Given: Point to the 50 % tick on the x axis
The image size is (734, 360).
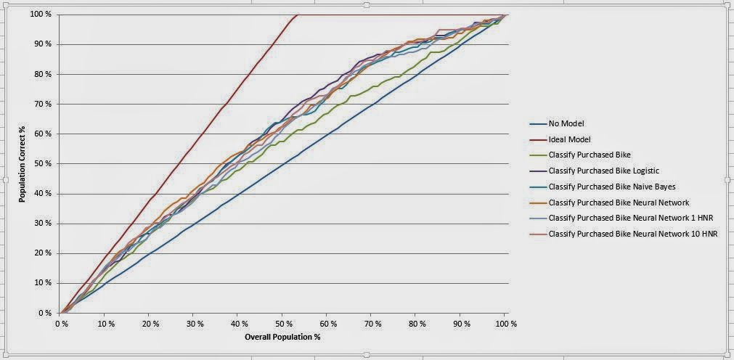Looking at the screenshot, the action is pos(282,324).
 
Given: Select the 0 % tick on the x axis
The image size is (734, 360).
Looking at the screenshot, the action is pos(60,324).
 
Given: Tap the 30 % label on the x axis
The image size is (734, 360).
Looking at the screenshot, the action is pos(193,324).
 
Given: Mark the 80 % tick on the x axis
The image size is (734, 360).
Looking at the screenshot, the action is pos(415,324).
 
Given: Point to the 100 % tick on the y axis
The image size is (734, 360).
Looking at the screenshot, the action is pos(41,14).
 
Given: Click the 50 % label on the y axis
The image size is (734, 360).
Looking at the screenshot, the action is pos(43,164).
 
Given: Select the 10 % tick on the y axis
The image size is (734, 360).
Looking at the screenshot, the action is pos(43,283).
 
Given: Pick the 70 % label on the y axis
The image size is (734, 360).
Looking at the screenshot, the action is pos(43,104).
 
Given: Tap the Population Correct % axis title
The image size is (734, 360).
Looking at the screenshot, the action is pos(22,164).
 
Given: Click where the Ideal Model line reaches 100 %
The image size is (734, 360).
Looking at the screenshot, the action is pos(298,15).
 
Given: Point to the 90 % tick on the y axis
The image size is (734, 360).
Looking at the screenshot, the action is pos(43,44).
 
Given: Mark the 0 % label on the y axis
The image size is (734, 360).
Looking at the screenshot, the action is pos(45,314).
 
